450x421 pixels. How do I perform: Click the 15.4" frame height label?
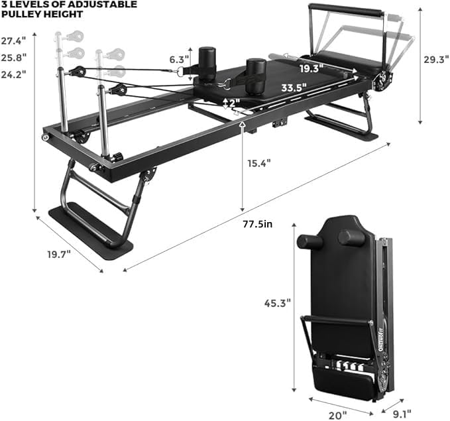click(259, 162)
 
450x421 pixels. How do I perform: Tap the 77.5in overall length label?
click(258, 224)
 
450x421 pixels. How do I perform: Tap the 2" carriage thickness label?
click(233, 103)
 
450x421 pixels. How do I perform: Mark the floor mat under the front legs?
click(91, 228)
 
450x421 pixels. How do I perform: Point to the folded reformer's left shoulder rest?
click(309, 241)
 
